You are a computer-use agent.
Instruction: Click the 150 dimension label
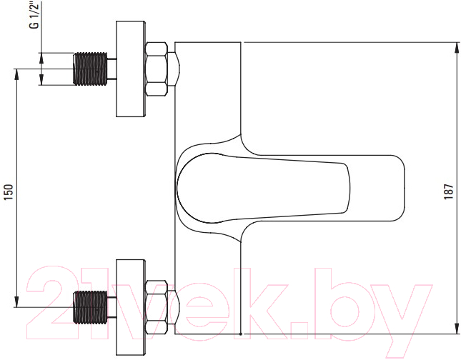click(x=9, y=192)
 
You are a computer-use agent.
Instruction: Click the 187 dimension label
click(x=449, y=192)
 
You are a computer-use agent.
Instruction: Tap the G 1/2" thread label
click(x=35, y=14)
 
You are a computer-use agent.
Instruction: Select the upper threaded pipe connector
click(x=90, y=69)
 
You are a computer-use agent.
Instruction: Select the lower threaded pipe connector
click(x=90, y=307)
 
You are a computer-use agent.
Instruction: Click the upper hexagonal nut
click(x=157, y=69)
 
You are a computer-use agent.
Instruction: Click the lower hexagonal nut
click(x=157, y=307)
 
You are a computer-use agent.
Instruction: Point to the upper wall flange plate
click(x=131, y=69)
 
